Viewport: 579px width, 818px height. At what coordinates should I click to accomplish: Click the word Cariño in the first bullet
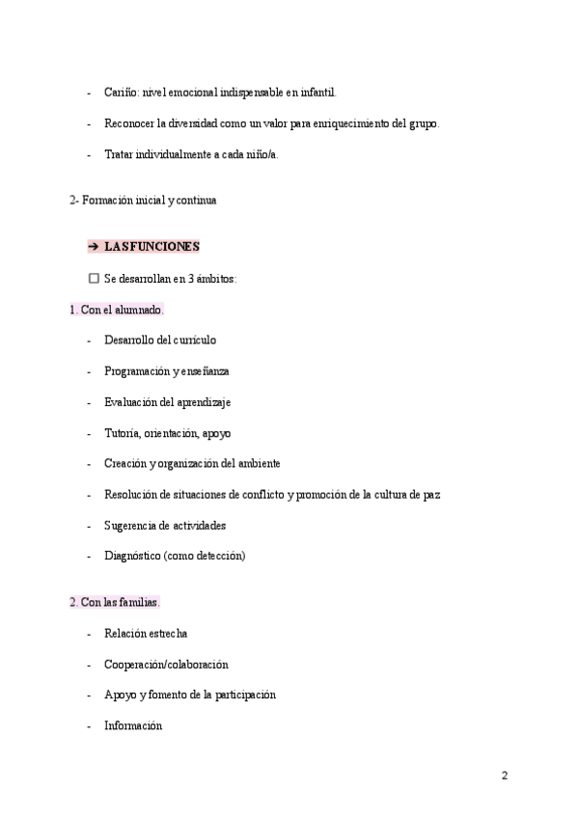(121, 93)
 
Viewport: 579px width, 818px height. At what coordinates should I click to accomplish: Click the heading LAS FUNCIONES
(152, 246)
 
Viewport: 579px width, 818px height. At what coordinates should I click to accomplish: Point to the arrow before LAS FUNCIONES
(94, 246)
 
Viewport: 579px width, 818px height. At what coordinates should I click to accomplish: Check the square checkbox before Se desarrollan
(94, 278)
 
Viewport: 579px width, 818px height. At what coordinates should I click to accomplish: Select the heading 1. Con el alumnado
(116, 310)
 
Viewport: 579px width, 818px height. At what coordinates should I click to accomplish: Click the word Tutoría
(122, 432)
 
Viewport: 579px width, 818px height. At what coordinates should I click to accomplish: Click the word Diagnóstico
(132, 556)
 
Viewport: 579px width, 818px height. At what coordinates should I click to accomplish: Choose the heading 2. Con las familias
(114, 602)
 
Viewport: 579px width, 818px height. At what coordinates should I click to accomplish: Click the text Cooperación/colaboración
(166, 664)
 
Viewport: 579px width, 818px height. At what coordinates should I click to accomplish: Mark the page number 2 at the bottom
(504, 775)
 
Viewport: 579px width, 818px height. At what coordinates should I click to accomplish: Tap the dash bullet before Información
(89, 725)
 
